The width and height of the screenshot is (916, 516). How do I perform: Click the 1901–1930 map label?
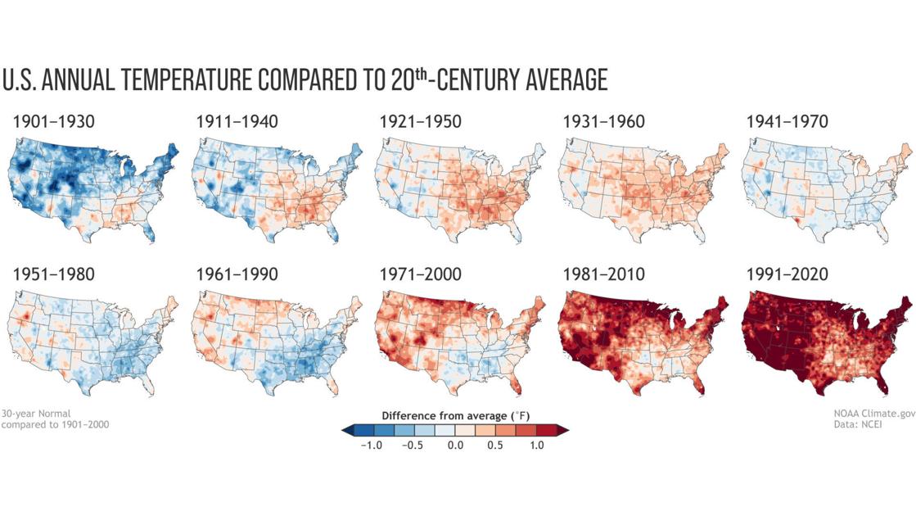(x=53, y=122)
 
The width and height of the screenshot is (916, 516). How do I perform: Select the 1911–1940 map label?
(x=237, y=122)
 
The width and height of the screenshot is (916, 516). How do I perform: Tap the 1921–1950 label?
(x=420, y=122)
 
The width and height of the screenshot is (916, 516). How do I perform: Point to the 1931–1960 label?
(x=603, y=122)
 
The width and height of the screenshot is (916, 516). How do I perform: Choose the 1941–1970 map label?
(x=787, y=122)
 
